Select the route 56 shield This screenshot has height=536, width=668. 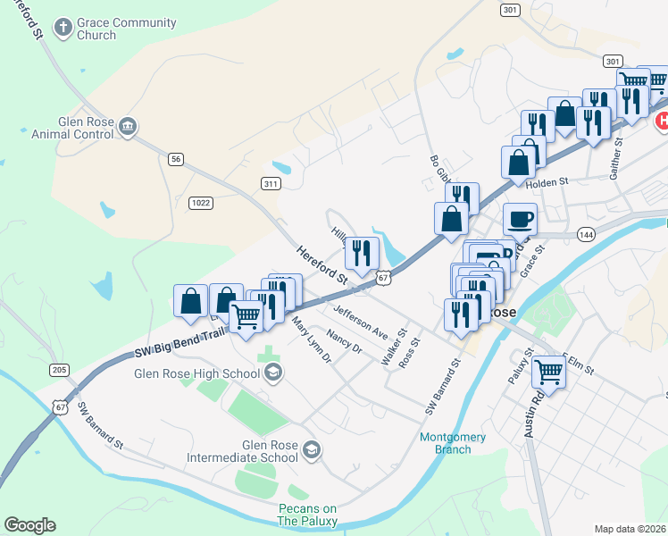[x=176, y=158]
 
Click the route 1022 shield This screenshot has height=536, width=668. [x=200, y=203]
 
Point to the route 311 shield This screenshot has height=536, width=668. [x=271, y=184]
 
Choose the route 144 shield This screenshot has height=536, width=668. [x=586, y=234]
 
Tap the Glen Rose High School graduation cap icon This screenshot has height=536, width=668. [x=274, y=373]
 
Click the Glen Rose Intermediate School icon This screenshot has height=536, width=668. [x=311, y=449]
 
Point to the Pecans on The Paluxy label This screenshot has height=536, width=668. [x=306, y=515]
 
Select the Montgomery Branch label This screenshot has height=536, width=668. [x=454, y=443]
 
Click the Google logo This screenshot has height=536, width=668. [x=29, y=525]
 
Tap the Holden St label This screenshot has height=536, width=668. [x=547, y=182]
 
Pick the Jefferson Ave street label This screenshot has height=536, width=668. [x=360, y=322]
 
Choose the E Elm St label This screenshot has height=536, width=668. [x=579, y=364]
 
